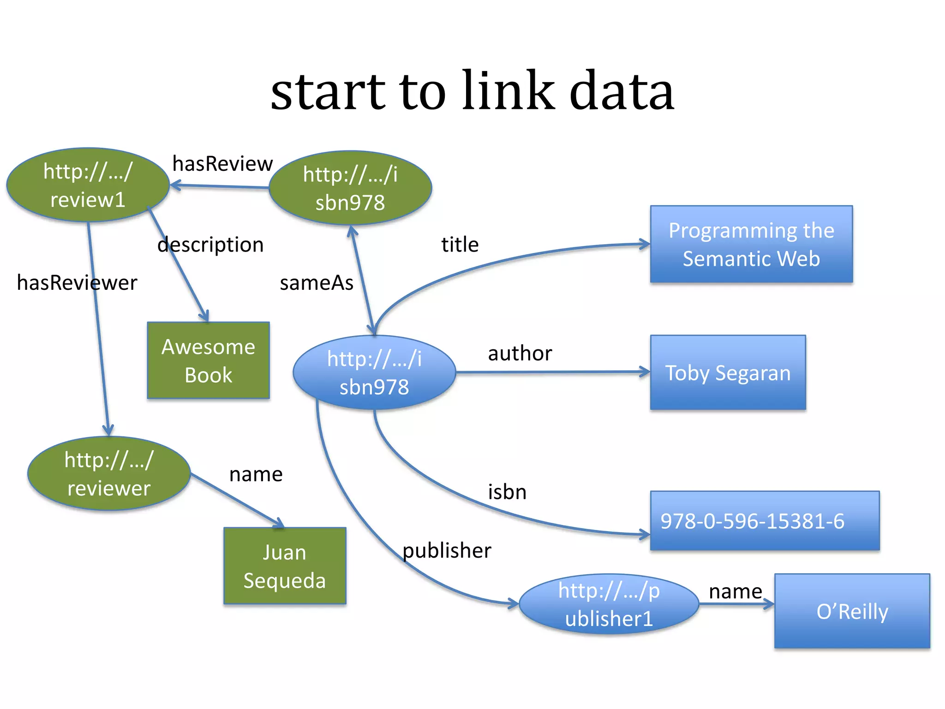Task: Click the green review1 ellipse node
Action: coord(88,185)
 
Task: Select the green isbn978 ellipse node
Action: coord(350,188)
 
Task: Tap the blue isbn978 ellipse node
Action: coord(374,373)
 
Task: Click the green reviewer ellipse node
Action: coord(109,474)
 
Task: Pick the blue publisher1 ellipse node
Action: coord(609,604)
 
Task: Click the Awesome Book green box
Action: coord(208,361)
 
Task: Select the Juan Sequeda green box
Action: coord(285,566)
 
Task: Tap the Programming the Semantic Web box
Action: coord(751,244)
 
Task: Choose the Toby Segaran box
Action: coord(728,373)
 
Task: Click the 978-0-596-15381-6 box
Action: coord(765,521)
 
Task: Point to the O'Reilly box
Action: coord(852,611)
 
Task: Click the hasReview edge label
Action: coord(222,163)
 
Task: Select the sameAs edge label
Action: coord(317,282)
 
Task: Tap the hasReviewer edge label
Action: coord(77,282)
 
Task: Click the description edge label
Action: coord(210,244)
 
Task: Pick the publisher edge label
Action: coord(447,550)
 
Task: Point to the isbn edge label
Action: coord(507,492)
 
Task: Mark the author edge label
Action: coord(520,353)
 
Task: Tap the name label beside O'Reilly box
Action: coord(735,591)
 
